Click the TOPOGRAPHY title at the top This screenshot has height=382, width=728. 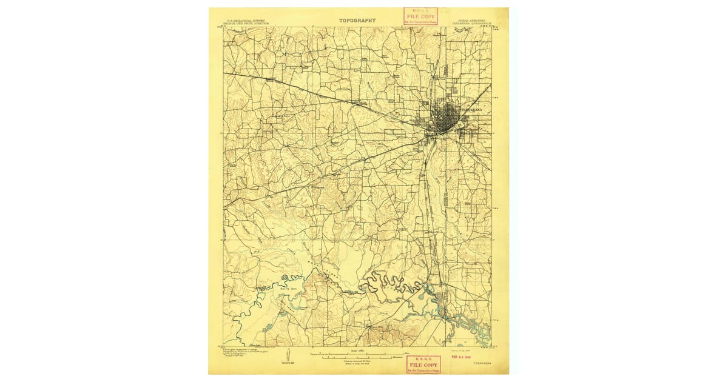pyautogui.click(x=357, y=20)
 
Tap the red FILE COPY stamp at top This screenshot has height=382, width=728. pyautogui.click(x=420, y=16)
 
